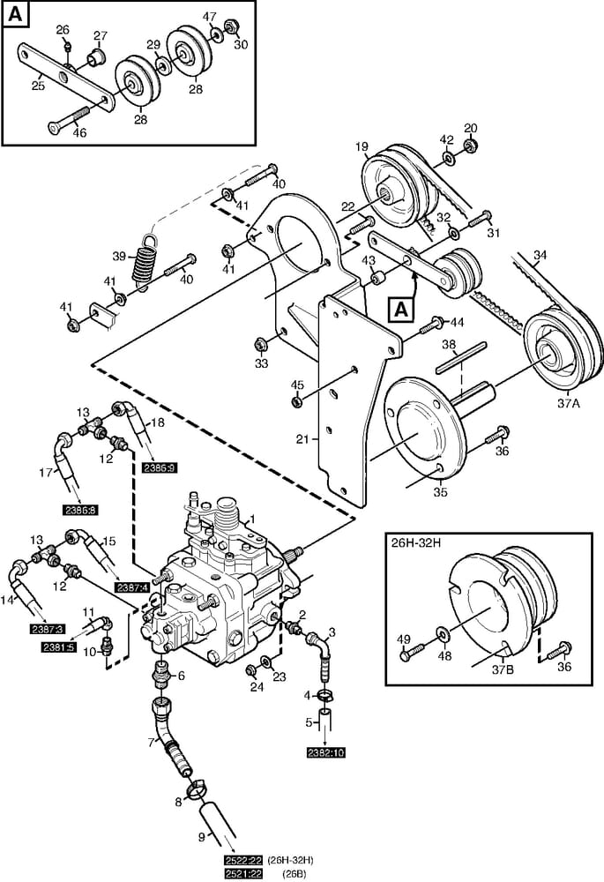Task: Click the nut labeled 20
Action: [x=471, y=145]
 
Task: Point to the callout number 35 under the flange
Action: [x=438, y=492]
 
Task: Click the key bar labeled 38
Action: [x=464, y=363]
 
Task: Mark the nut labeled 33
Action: [x=261, y=343]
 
